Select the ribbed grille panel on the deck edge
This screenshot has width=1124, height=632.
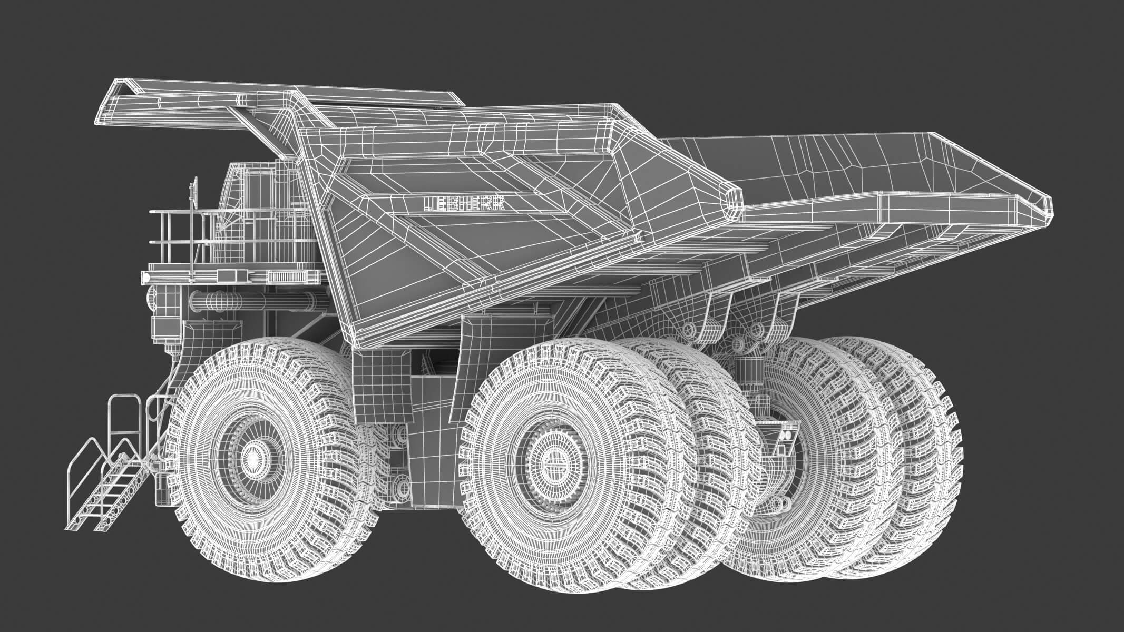tap(287, 276)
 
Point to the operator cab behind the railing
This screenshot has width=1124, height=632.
tap(253, 200)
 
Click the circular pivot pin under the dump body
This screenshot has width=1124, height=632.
tap(688, 330)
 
